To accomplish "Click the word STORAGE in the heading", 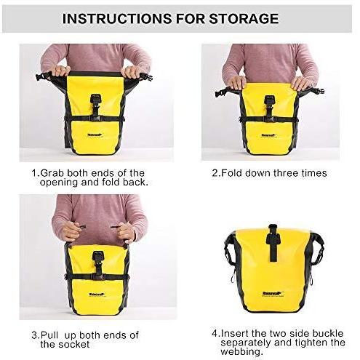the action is pos(244,19).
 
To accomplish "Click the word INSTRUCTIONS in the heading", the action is pos(117,19).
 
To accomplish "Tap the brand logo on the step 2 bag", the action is pos(269,135).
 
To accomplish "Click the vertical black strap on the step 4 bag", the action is pos(273,243).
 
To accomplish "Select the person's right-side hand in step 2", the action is pos(301,83).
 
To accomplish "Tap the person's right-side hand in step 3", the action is pos(125,232).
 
